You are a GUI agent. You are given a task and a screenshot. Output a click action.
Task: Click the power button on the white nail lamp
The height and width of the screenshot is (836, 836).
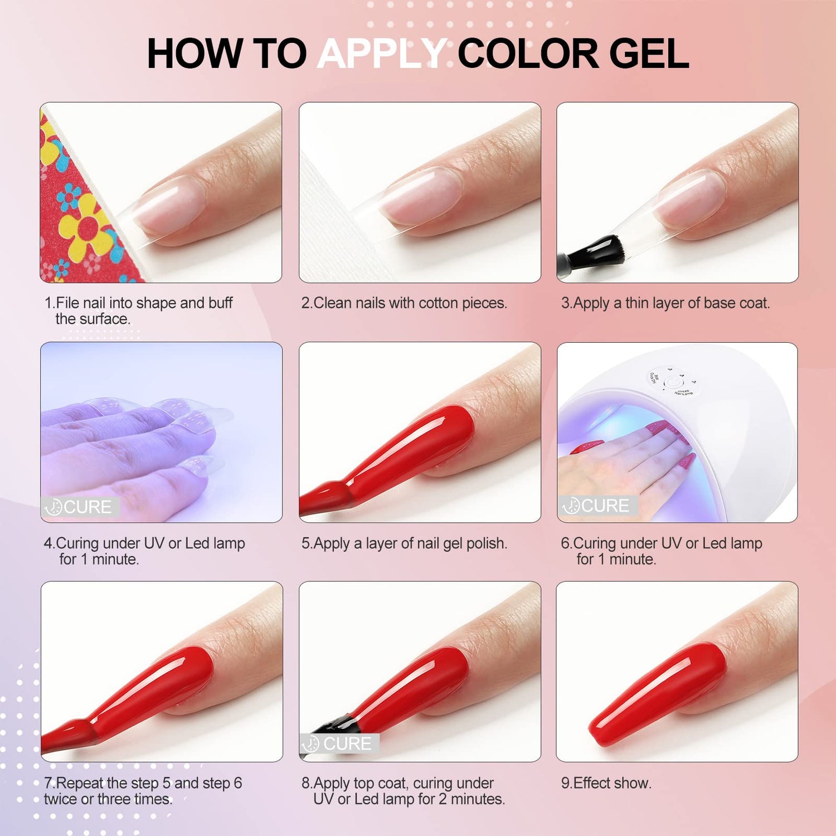(x=673, y=383)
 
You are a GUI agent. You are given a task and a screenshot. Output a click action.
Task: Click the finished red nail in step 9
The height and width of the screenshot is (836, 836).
(x=658, y=694)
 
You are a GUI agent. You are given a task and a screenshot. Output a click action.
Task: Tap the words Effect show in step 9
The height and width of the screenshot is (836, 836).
(x=612, y=783)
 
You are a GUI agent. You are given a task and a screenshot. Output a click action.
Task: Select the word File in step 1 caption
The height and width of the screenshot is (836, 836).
(x=68, y=303)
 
